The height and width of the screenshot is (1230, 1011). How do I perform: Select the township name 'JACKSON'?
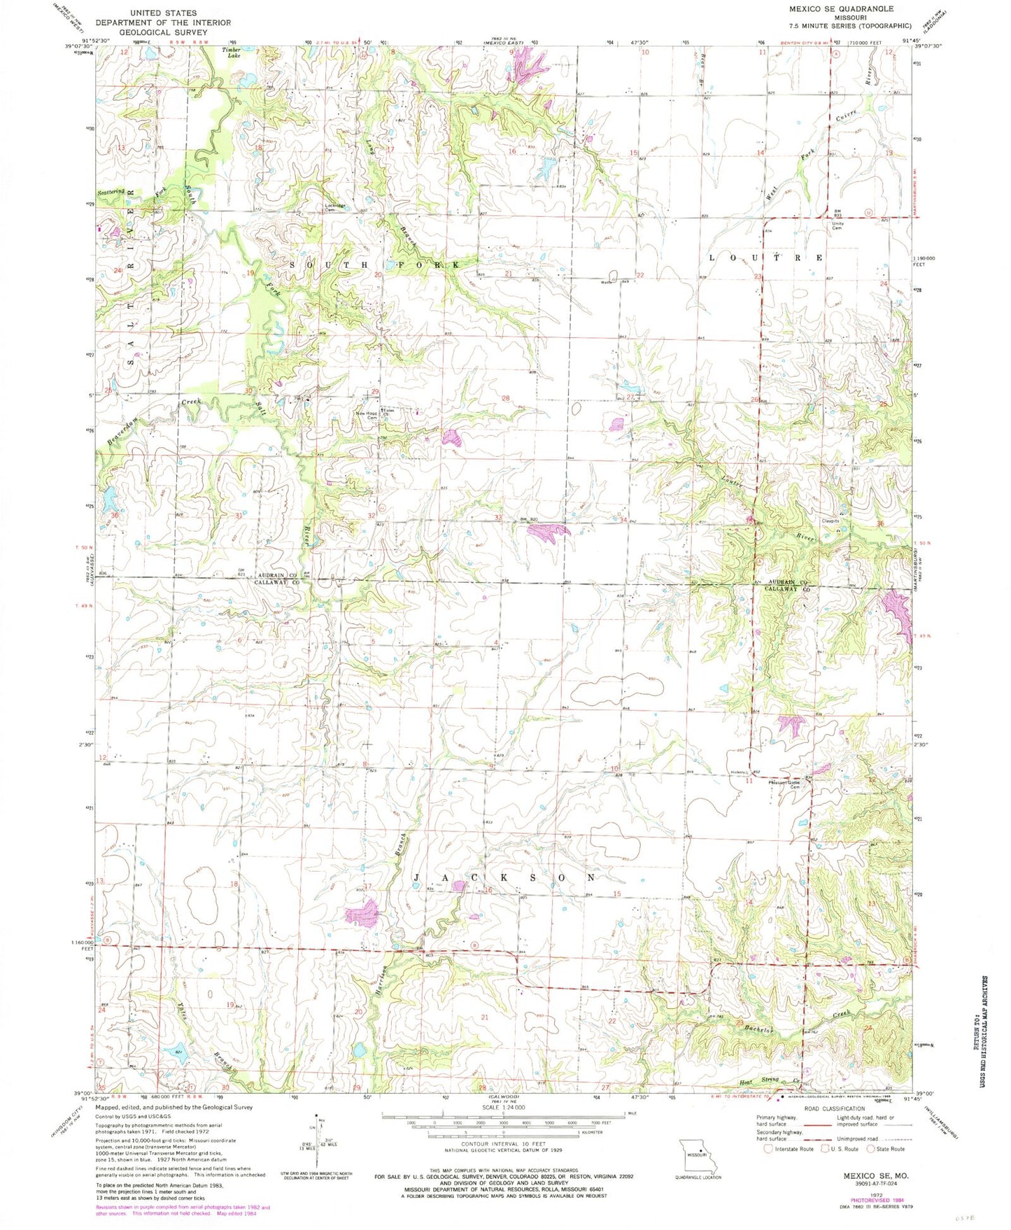point(504,877)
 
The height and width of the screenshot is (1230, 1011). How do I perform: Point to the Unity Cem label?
point(837,226)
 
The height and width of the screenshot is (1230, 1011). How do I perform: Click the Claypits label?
point(830,521)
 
